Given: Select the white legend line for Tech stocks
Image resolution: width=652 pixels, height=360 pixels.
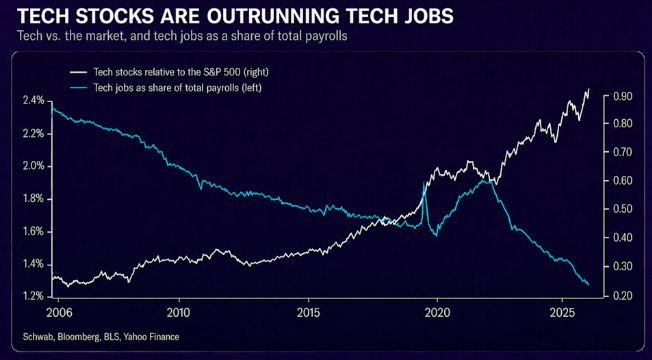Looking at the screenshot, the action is pos(79,72).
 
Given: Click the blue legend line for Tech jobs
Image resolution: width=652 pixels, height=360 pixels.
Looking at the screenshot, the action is pos(79,88).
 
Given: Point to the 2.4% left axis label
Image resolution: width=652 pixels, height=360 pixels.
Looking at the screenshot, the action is pos(33,101).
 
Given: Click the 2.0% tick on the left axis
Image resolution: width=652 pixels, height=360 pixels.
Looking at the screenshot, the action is pos(33,166).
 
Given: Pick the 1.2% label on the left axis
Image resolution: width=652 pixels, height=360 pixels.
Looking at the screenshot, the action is pos(33,296).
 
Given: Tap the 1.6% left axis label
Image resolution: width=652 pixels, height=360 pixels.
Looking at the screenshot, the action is pos(33,232).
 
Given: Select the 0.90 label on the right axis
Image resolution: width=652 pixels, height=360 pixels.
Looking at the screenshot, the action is pos(622,96).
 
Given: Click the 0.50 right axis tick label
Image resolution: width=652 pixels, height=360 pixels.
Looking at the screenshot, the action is pos(622,209).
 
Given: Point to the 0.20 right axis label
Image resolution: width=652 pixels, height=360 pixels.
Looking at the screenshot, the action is pos(622,296).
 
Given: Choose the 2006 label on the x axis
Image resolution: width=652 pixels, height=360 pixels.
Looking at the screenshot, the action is pos(59,313).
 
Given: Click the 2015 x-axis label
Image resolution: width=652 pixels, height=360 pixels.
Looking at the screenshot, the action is pos(308,313).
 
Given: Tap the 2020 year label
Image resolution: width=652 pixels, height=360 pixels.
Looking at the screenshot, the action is pos(437,313).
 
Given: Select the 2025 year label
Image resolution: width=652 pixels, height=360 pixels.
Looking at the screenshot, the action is pos(562,313).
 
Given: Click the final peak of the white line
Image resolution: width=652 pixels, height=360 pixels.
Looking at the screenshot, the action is pos(589,89).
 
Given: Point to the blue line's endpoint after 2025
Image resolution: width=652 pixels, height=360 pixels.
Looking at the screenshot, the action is pos(588,285).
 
